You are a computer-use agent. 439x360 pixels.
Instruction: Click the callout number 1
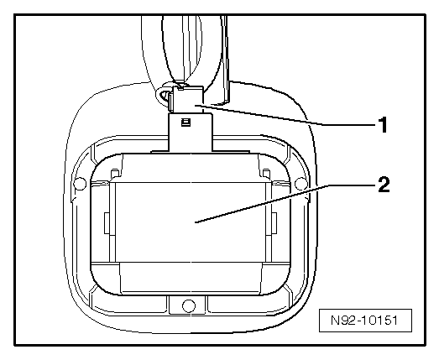pyautogui.click(x=383, y=125)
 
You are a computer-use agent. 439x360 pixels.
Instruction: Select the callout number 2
pyautogui.click(x=384, y=185)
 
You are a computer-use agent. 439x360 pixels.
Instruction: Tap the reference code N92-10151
pyautogui.click(x=364, y=321)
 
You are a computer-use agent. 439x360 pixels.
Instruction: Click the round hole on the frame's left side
pyautogui.click(x=80, y=184)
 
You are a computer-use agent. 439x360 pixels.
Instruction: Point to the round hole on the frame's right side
pyautogui.click(x=301, y=184)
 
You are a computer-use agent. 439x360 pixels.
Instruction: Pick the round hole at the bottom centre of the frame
pyautogui.click(x=188, y=305)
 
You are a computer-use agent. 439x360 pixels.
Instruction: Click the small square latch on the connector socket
pyautogui.click(x=186, y=122)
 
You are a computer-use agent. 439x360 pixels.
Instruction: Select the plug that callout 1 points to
pyautogui.click(x=187, y=99)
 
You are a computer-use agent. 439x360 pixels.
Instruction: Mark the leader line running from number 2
pyautogui.click(x=286, y=204)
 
